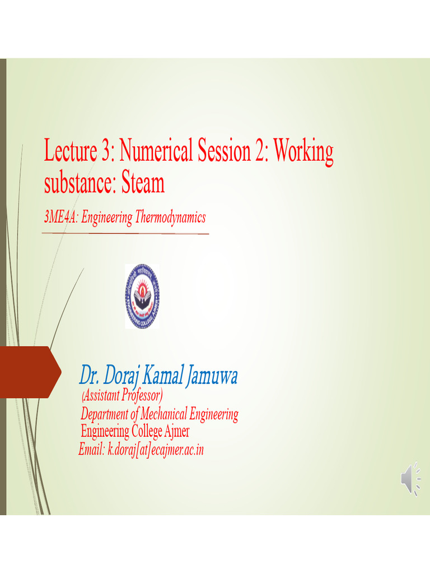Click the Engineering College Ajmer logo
point(142,297)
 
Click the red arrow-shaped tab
point(29,372)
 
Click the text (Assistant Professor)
point(122,396)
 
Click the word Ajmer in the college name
point(176,432)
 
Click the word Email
point(92,449)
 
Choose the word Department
point(104,415)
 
